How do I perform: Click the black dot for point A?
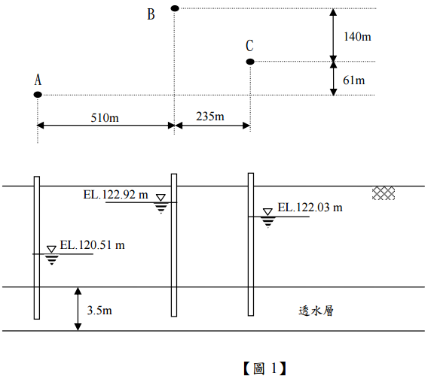[x=38, y=95]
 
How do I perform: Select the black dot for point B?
[x=175, y=8]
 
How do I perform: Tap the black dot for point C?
[x=250, y=62]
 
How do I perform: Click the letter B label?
[x=151, y=14]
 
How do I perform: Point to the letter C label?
[x=249, y=46]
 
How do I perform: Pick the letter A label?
[x=38, y=80]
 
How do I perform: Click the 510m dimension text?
[x=105, y=118]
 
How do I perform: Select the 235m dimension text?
[x=210, y=117]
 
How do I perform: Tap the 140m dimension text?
[x=357, y=37]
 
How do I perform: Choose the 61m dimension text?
[x=354, y=80]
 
